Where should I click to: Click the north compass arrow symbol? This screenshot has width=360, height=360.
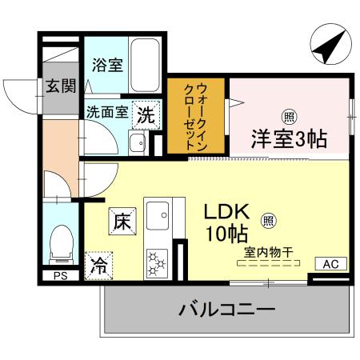[x=329, y=46]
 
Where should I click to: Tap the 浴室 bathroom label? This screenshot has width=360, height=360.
[x=106, y=64]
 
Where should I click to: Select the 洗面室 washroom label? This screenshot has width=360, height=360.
[x=106, y=113]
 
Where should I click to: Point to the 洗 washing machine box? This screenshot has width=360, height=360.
[x=146, y=114]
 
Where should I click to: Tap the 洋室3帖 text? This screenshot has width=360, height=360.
[x=290, y=138]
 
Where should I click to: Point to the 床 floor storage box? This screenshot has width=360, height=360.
[x=122, y=219]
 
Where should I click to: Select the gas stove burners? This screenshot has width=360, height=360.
[x=155, y=262]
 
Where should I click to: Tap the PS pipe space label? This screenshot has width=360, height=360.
[x=60, y=276]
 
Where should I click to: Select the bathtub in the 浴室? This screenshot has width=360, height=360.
[x=143, y=57]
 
